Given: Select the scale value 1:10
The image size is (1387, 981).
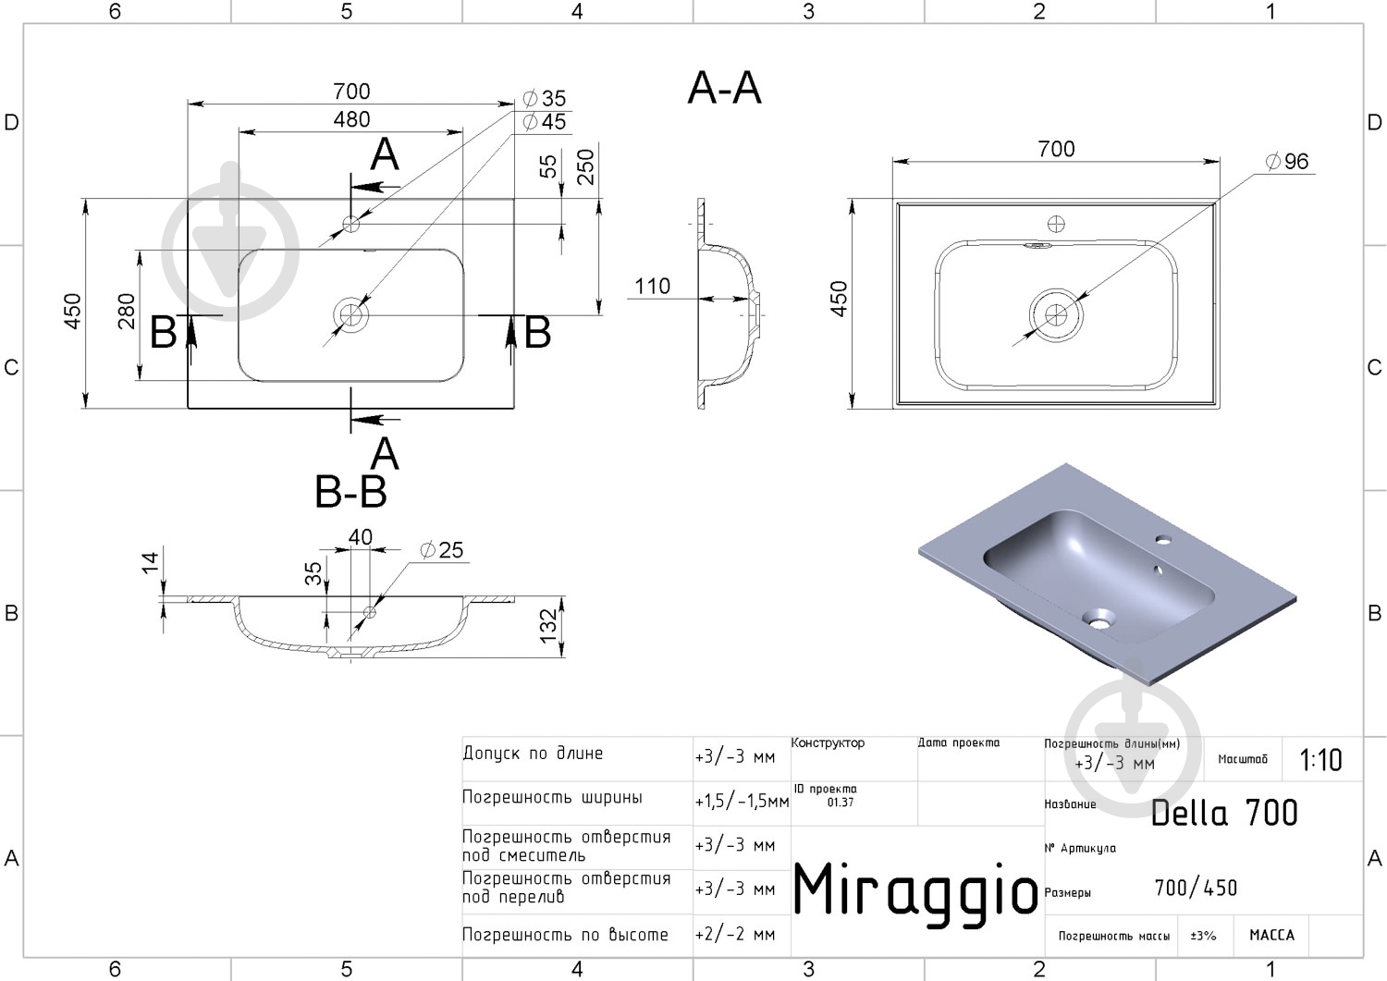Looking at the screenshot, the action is pyautogui.click(x=1320, y=760).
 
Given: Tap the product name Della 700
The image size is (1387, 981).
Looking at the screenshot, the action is pyautogui.click(x=1224, y=813).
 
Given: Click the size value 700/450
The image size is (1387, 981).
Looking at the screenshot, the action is pyautogui.click(x=1196, y=889).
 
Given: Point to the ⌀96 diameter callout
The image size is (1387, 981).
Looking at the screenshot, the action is pyautogui.click(x=1286, y=162).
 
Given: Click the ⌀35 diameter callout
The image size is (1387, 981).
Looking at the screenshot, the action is pyautogui.click(x=545, y=98).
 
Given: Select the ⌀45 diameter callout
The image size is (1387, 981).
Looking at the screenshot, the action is pyautogui.click(x=545, y=121).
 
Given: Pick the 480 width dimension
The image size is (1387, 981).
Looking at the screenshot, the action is pyautogui.click(x=351, y=119).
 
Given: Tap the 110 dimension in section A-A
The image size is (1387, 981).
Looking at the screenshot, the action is pyautogui.click(x=652, y=286).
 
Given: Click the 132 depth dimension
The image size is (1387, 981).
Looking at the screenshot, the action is pyautogui.click(x=548, y=626).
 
